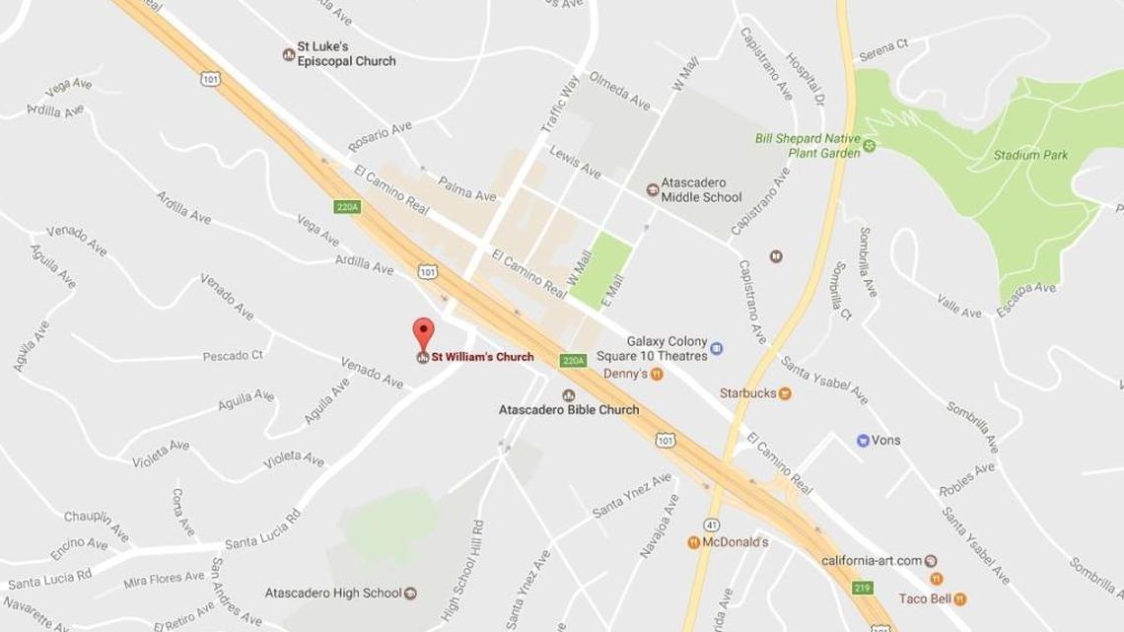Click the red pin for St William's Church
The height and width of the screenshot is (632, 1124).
[x=423, y=331]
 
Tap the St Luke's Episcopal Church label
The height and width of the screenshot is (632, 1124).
[x=346, y=53]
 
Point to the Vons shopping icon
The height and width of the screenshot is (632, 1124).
[x=863, y=440]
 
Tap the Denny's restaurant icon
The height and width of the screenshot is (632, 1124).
[x=656, y=375]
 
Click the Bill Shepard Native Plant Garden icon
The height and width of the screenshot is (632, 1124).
[x=871, y=149]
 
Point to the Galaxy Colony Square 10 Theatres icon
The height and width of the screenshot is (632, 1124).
[x=717, y=348]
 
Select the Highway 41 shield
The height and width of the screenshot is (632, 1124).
[x=713, y=522]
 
